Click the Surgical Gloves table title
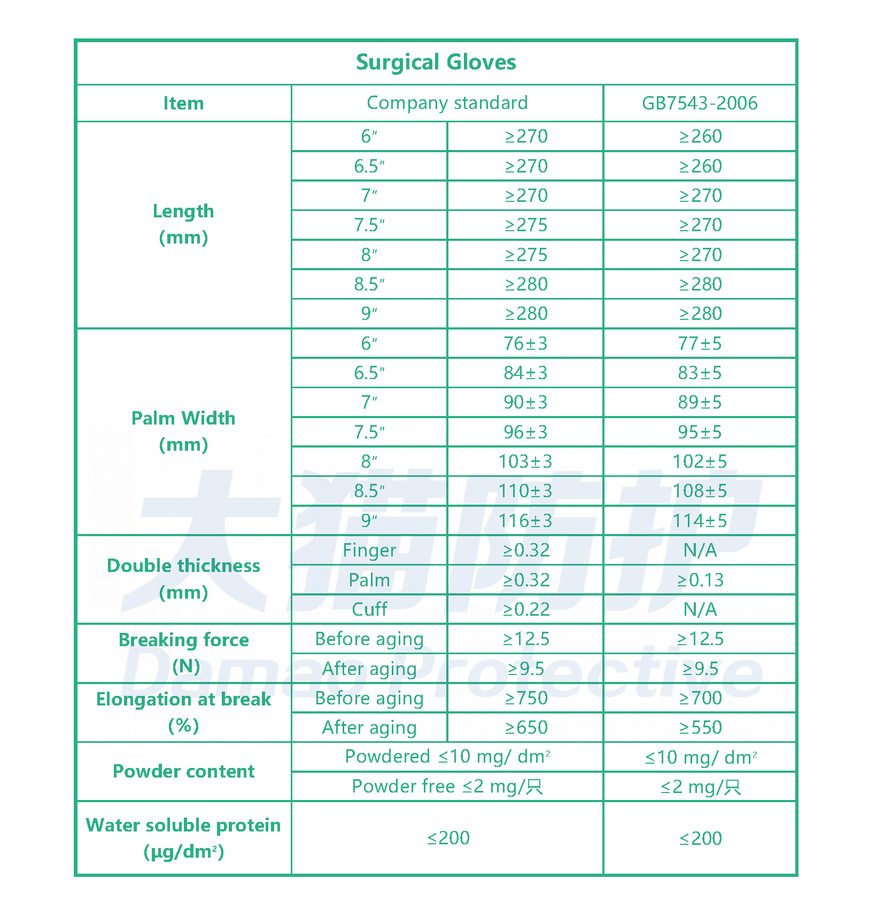pyautogui.click(x=436, y=62)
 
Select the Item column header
pyautogui.click(x=183, y=103)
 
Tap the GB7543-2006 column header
pyautogui.click(x=700, y=103)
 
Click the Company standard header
pyautogui.click(x=447, y=103)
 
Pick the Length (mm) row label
pyautogui.click(x=183, y=224)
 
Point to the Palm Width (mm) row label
pyautogui.click(x=183, y=431)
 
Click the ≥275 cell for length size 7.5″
pyautogui.click(x=526, y=225)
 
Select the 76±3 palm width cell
pyautogui.click(x=525, y=343)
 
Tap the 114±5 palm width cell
pyautogui.click(x=700, y=521)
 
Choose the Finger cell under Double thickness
pyautogui.click(x=369, y=550)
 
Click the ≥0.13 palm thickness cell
pyautogui.click(x=700, y=580)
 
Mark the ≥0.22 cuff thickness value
pyautogui.click(x=526, y=609)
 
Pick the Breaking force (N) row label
pyautogui.click(x=183, y=653)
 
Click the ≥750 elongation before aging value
pyautogui.click(x=526, y=698)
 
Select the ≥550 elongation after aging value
pyautogui.click(x=700, y=727)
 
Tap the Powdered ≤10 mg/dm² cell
pyautogui.click(x=447, y=757)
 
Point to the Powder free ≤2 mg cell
pyautogui.click(x=447, y=786)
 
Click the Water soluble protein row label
pyautogui.click(x=183, y=838)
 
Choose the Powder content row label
pyautogui.click(x=183, y=771)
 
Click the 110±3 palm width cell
pyautogui.click(x=525, y=491)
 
